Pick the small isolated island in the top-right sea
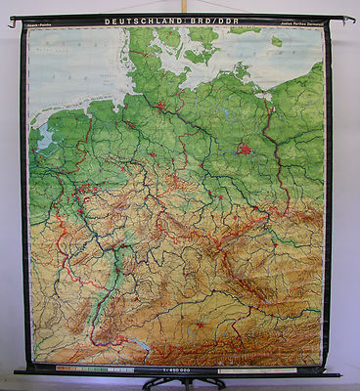[278, 41]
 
